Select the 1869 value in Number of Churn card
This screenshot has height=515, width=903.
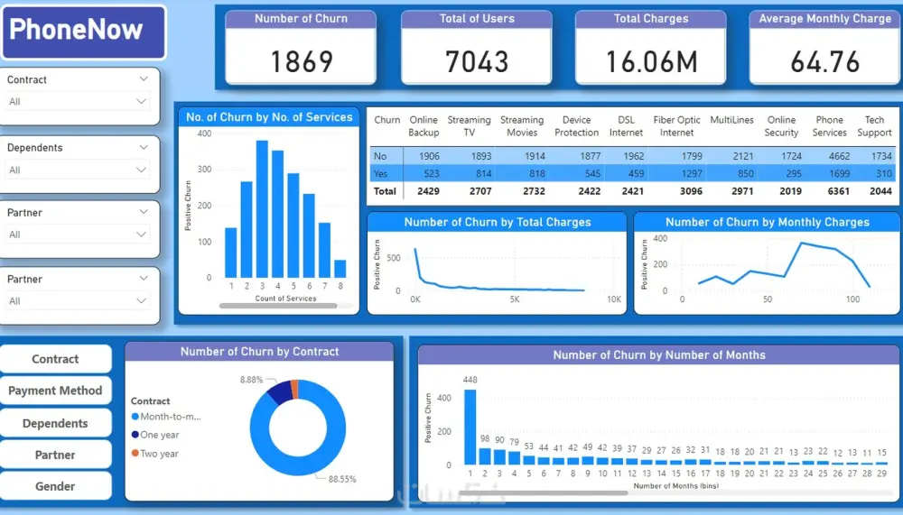(302, 61)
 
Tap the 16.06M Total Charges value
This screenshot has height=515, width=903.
(650, 61)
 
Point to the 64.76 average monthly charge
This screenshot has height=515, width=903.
(824, 61)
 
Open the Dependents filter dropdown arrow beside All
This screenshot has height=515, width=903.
(142, 170)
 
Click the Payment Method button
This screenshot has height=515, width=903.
(55, 391)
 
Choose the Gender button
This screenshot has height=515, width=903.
(55, 486)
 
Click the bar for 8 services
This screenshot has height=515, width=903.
(340, 269)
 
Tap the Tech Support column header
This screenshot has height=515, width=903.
(874, 126)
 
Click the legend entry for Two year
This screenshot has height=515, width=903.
(159, 454)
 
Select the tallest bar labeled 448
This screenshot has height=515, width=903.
(470, 426)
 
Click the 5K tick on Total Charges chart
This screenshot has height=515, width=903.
(514, 299)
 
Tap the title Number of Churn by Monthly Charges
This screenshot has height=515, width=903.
(767, 222)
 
